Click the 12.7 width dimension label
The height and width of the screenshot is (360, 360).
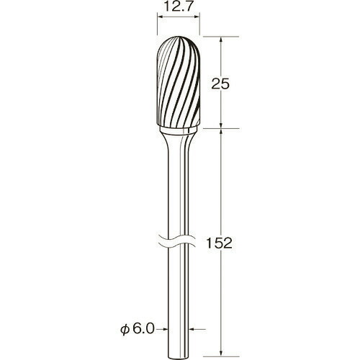(178, 7)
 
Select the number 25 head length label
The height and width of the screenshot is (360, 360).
(220, 84)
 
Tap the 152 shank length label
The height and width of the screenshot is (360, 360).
(219, 243)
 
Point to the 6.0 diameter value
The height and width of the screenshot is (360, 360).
(143, 329)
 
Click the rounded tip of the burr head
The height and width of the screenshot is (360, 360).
(179, 37)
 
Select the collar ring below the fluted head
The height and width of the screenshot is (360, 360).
(179, 130)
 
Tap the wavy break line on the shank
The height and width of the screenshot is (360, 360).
(178, 240)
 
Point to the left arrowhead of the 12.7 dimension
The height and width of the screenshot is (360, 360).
(160, 17)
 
